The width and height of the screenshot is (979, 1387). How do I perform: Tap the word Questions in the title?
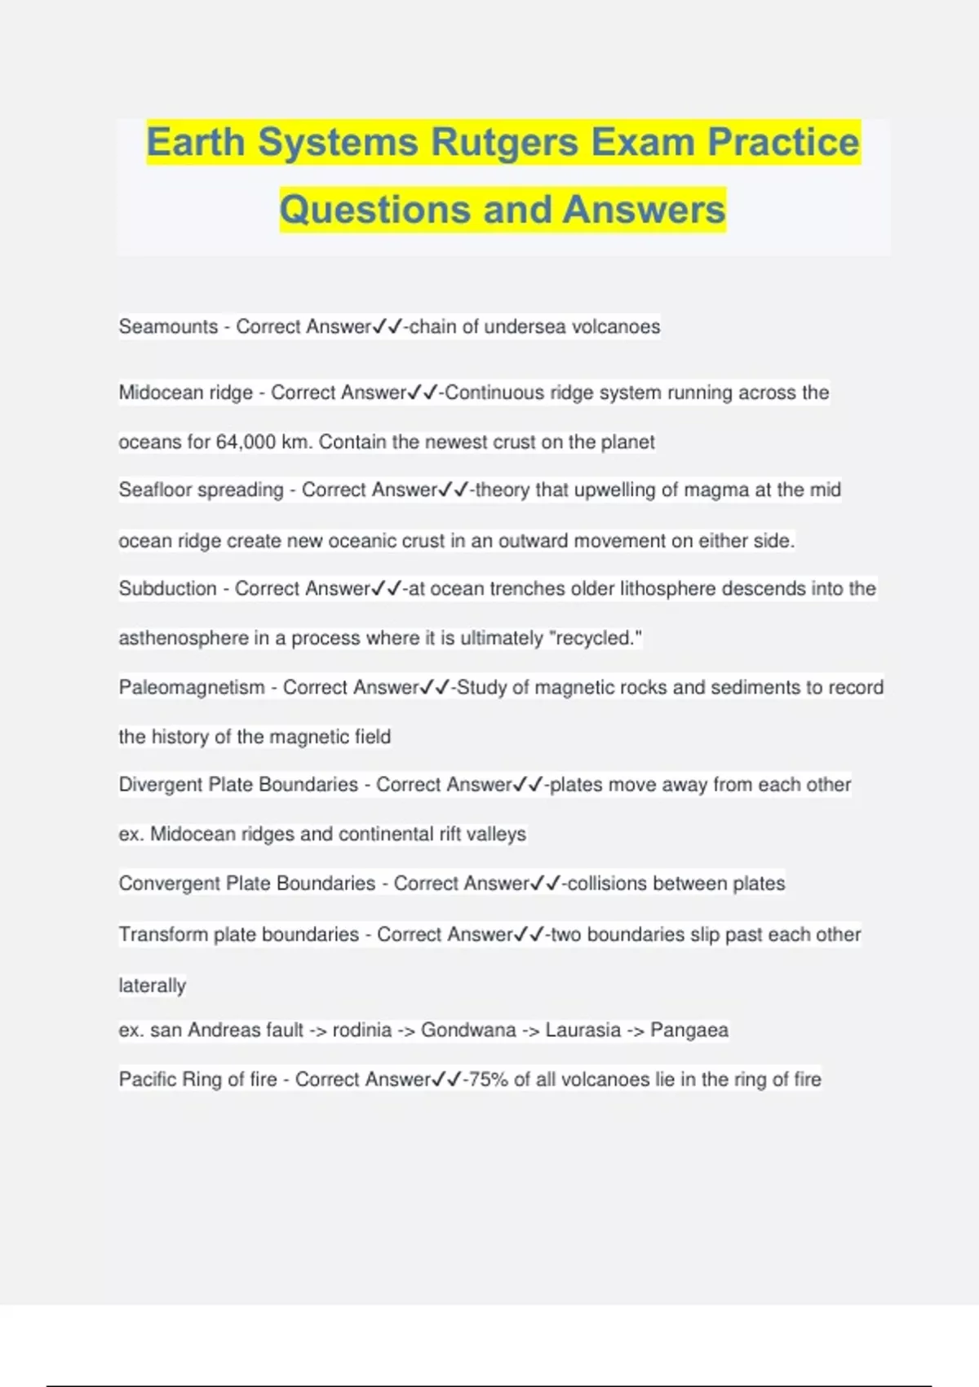(x=374, y=210)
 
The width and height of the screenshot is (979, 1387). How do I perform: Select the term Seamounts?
(x=168, y=327)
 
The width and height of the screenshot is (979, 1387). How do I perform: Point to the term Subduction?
(x=167, y=589)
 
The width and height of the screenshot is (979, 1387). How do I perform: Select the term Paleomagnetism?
(x=192, y=688)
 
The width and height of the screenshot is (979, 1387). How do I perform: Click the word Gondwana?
(x=468, y=1030)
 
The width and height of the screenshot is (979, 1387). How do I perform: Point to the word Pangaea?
(x=689, y=1030)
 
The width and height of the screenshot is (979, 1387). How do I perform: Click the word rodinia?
(x=361, y=1030)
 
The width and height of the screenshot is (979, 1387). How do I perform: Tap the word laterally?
(x=152, y=986)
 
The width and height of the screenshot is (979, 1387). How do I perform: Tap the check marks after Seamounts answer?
(x=388, y=327)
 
